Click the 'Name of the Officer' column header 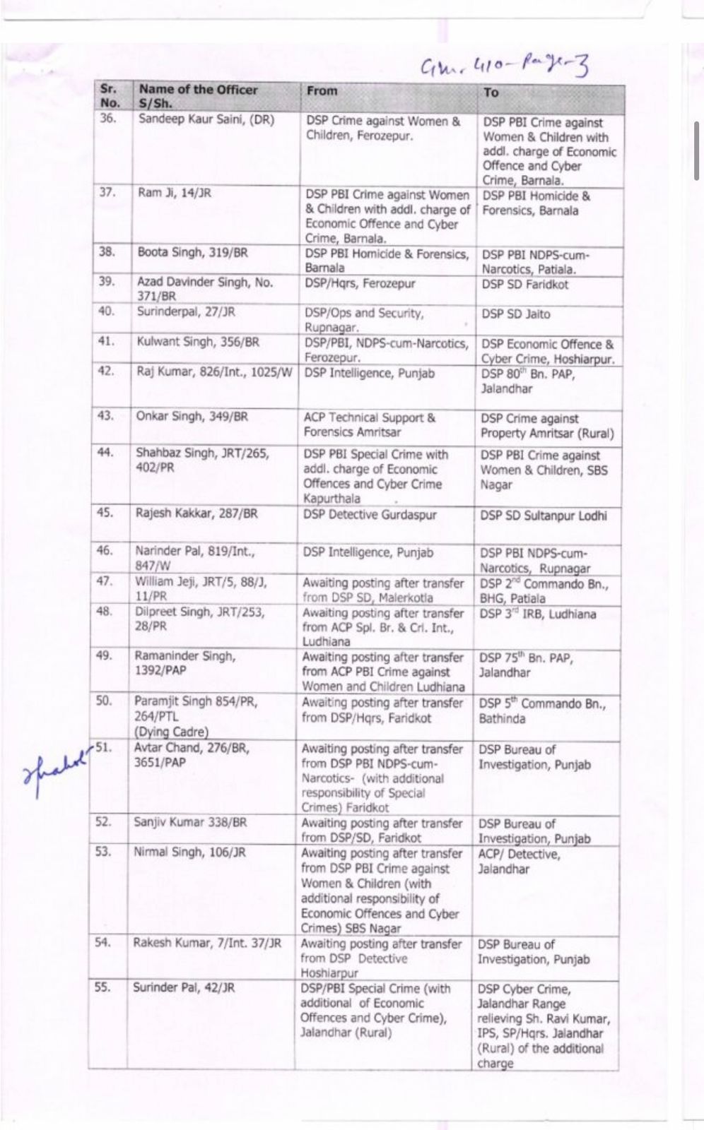(x=198, y=90)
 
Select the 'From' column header (x=322, y=90)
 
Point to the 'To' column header (x=491, y=93)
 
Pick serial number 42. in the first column (x=105, y=371)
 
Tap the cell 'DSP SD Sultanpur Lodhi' (x=543, y=516)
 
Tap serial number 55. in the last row (x=102, y=987)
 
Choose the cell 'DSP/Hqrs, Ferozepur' (x=360, y=283)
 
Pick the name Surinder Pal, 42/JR (x=183, y=987)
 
